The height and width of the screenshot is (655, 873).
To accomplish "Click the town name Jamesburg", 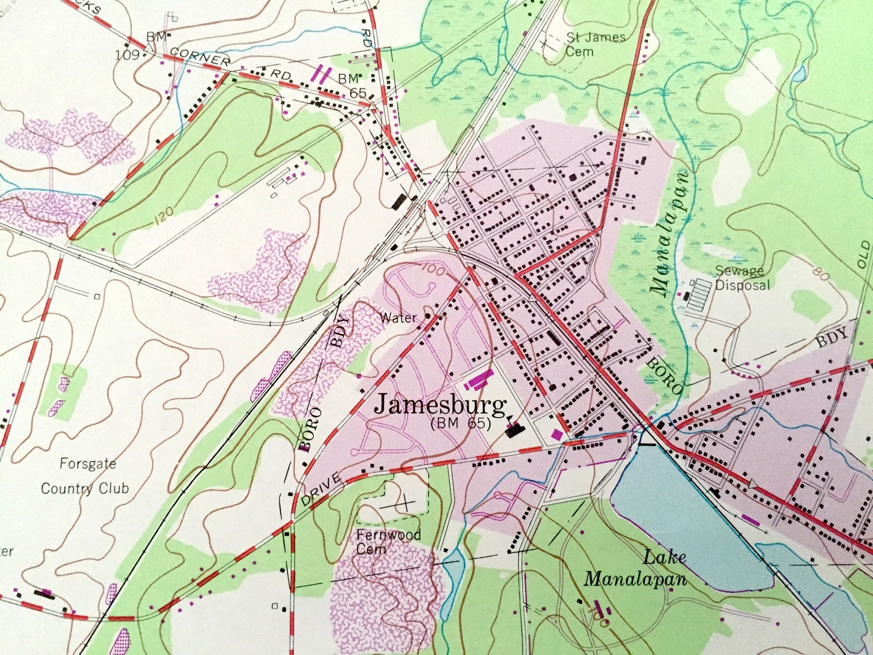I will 440,405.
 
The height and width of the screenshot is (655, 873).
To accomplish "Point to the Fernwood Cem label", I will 388,541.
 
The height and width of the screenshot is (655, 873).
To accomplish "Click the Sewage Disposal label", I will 742,278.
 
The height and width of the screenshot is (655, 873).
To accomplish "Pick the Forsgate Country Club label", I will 86,476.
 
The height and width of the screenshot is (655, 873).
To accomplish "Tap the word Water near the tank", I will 399,317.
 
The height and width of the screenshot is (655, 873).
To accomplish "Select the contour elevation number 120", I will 164,216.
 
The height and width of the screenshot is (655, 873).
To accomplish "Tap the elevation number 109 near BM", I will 126,54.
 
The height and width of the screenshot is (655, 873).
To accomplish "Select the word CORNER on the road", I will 200,57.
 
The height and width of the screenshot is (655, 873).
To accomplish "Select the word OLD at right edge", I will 864,253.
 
